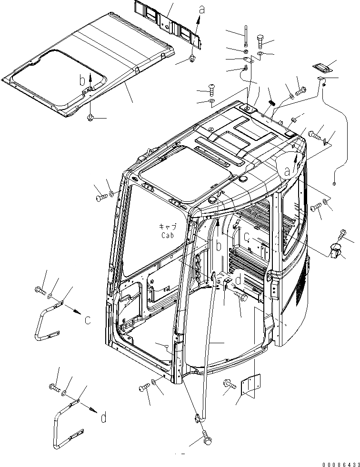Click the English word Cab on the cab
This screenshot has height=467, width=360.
pos(168,235)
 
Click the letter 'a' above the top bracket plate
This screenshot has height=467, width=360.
pos(201,8)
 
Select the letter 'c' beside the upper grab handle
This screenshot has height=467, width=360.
pos(88,320)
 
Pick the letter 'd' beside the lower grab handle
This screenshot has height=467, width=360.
pos(103,418)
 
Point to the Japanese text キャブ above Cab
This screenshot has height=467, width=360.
pos(168,227)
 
